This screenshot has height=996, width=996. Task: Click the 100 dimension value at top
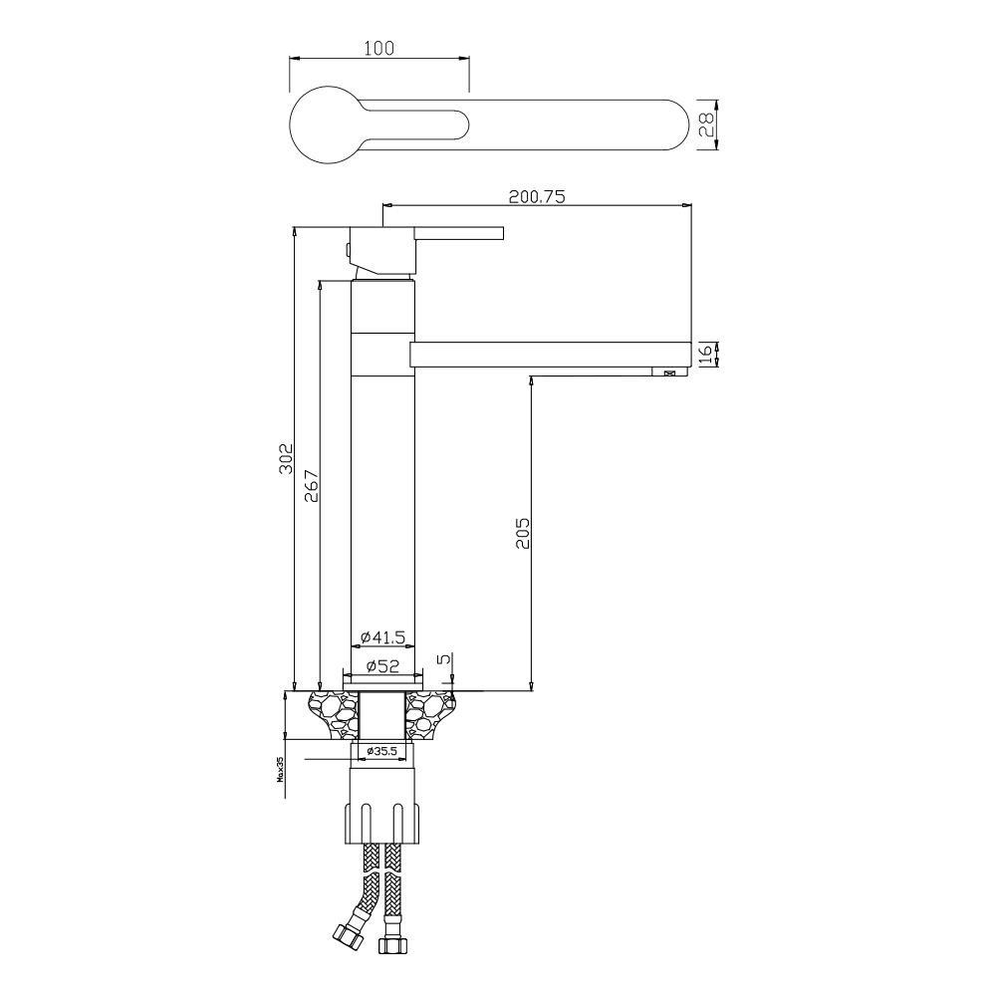click(379, 47)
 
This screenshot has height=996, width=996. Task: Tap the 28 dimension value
click(706, 124)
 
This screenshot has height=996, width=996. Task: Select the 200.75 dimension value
click(537, 197)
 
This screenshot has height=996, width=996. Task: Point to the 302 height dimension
click(285, 459)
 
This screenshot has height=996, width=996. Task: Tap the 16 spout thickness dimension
click(706, 354)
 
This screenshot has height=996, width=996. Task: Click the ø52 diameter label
click(382, 665)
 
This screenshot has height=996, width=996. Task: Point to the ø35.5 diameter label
click(382, 750)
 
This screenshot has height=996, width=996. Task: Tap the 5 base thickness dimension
click(443, 658)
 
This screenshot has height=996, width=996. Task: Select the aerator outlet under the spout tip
click(664, 373)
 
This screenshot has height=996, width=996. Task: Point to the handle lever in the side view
click(458, 234)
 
